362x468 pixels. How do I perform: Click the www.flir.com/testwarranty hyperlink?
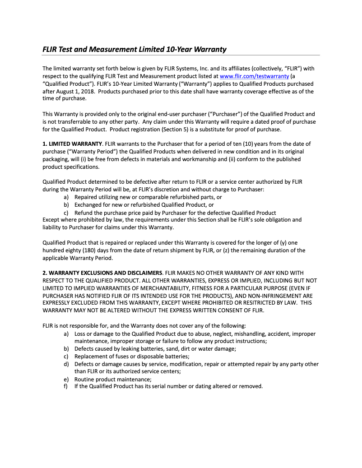coord(254,76)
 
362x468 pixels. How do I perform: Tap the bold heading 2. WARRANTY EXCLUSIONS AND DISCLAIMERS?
coord(102,273)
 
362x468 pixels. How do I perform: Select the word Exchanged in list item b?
coord(88,205)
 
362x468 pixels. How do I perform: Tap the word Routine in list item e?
coord(84,379)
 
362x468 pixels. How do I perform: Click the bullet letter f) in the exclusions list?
coord(66,387)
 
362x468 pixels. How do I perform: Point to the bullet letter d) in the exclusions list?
coord(66,364)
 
